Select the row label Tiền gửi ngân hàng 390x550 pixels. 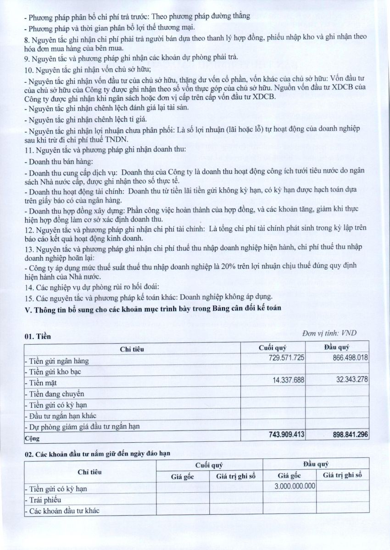click(57, 361)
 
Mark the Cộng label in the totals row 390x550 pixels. click(32, 438)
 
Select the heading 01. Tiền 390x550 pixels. click(38, 337)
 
